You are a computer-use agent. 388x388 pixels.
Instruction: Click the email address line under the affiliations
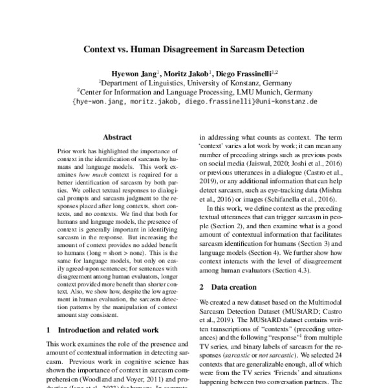(195, 102)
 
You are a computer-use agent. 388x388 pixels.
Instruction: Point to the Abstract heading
(117, 137)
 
